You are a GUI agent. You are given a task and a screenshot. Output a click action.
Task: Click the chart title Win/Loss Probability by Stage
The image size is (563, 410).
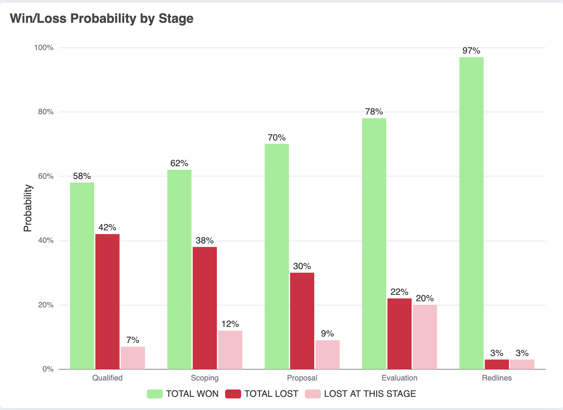tap(101, 19)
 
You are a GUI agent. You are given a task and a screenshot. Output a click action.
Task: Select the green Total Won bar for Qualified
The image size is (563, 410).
tap(82, 276)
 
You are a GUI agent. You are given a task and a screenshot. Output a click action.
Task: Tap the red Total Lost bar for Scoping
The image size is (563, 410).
tap(204, 308)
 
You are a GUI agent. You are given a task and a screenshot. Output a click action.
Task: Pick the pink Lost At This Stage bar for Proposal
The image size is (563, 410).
tap(327, 354)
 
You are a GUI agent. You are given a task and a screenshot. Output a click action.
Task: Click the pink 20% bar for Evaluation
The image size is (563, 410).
tap(425, 337)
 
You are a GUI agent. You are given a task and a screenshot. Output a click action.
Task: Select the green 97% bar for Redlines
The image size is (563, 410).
tap(471, 213)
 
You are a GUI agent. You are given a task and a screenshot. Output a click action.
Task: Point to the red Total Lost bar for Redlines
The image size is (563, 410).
tap(497, 364)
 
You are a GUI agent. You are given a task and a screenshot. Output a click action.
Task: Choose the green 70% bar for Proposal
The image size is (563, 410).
tap(277, 257)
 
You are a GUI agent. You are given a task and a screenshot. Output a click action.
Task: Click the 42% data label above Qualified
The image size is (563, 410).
tap(107, 227)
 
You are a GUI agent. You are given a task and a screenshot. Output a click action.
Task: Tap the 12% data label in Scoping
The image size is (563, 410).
tap(230, 324)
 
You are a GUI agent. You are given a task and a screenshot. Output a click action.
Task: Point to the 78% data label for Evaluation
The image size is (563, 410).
tap(374, 112)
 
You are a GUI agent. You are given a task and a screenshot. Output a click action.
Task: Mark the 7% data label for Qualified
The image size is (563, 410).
tap(133, 340)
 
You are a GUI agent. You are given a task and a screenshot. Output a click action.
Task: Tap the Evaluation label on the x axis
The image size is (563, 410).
tap(399, 378)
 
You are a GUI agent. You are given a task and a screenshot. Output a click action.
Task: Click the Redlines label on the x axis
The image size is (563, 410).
tap(497, 378)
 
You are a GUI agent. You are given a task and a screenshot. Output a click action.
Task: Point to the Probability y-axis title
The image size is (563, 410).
tap(28, 208)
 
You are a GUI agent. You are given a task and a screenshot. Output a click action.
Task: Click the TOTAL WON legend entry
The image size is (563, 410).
tap(183, 394)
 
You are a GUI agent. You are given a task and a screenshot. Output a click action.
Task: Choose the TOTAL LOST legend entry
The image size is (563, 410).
tap(262, 394)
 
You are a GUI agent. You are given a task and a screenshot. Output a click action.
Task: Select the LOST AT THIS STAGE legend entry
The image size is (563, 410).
tap(360, 394)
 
